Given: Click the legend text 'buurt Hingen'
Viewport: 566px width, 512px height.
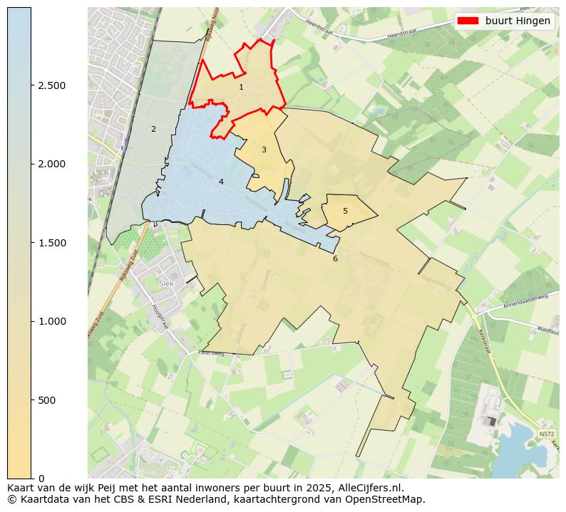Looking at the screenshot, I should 518,21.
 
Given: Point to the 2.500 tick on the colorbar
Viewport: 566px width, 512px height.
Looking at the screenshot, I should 51,85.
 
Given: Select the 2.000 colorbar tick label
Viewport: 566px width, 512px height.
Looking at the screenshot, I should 51,164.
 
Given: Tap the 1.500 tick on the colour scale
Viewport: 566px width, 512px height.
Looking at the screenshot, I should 51,243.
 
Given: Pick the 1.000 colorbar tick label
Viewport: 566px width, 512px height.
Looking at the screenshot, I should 51,321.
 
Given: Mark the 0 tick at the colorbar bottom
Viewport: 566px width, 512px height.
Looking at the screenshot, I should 41,479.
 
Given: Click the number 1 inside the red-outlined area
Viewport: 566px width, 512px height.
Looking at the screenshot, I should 241,87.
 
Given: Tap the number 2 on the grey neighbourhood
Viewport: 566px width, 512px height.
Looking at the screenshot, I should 153,129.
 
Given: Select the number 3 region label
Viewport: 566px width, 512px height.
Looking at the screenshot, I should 264,150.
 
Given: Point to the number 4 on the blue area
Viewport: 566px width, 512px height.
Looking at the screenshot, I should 221,182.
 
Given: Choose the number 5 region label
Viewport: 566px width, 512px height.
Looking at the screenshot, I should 345,211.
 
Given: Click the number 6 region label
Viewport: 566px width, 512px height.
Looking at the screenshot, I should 335,258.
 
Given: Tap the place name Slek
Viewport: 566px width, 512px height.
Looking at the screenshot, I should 167,283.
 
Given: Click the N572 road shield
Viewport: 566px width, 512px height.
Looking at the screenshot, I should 547,434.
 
